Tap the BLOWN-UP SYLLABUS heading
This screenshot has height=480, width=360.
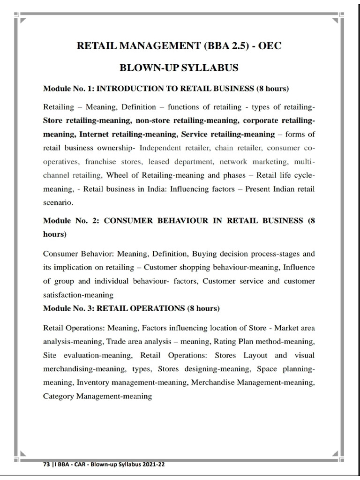(180, 68)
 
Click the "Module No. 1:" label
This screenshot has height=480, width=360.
(68, 89)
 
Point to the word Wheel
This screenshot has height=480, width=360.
(117, 175)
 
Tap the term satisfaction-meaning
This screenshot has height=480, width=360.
(78, 295)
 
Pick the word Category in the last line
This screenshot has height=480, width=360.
(58, 396)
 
